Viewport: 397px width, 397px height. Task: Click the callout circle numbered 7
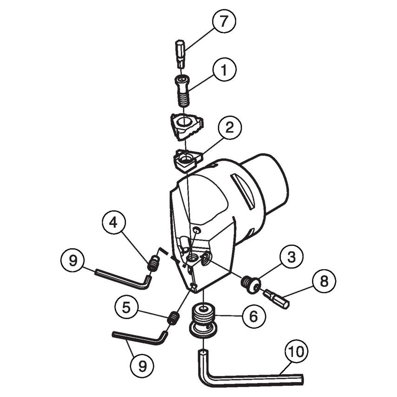tap(223, 21)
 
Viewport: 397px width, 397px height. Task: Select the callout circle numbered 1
tap(225, 70)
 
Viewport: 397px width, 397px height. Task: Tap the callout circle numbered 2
tap(229, 128)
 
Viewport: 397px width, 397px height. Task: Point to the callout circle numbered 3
tap(291, 257)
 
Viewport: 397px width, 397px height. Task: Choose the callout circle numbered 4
tap(114, 223)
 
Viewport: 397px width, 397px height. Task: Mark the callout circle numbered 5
tap(126, 308)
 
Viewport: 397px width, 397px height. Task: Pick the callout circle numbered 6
tap(254, 316)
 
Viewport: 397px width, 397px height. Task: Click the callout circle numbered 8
tap(324, 281)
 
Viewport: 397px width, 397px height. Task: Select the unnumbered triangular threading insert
tap(187, 126)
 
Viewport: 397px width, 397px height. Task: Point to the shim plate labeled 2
tap(188, 160)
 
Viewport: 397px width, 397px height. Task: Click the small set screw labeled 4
tap(153, 263)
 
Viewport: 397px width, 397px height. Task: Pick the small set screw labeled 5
tap(173, 318)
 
